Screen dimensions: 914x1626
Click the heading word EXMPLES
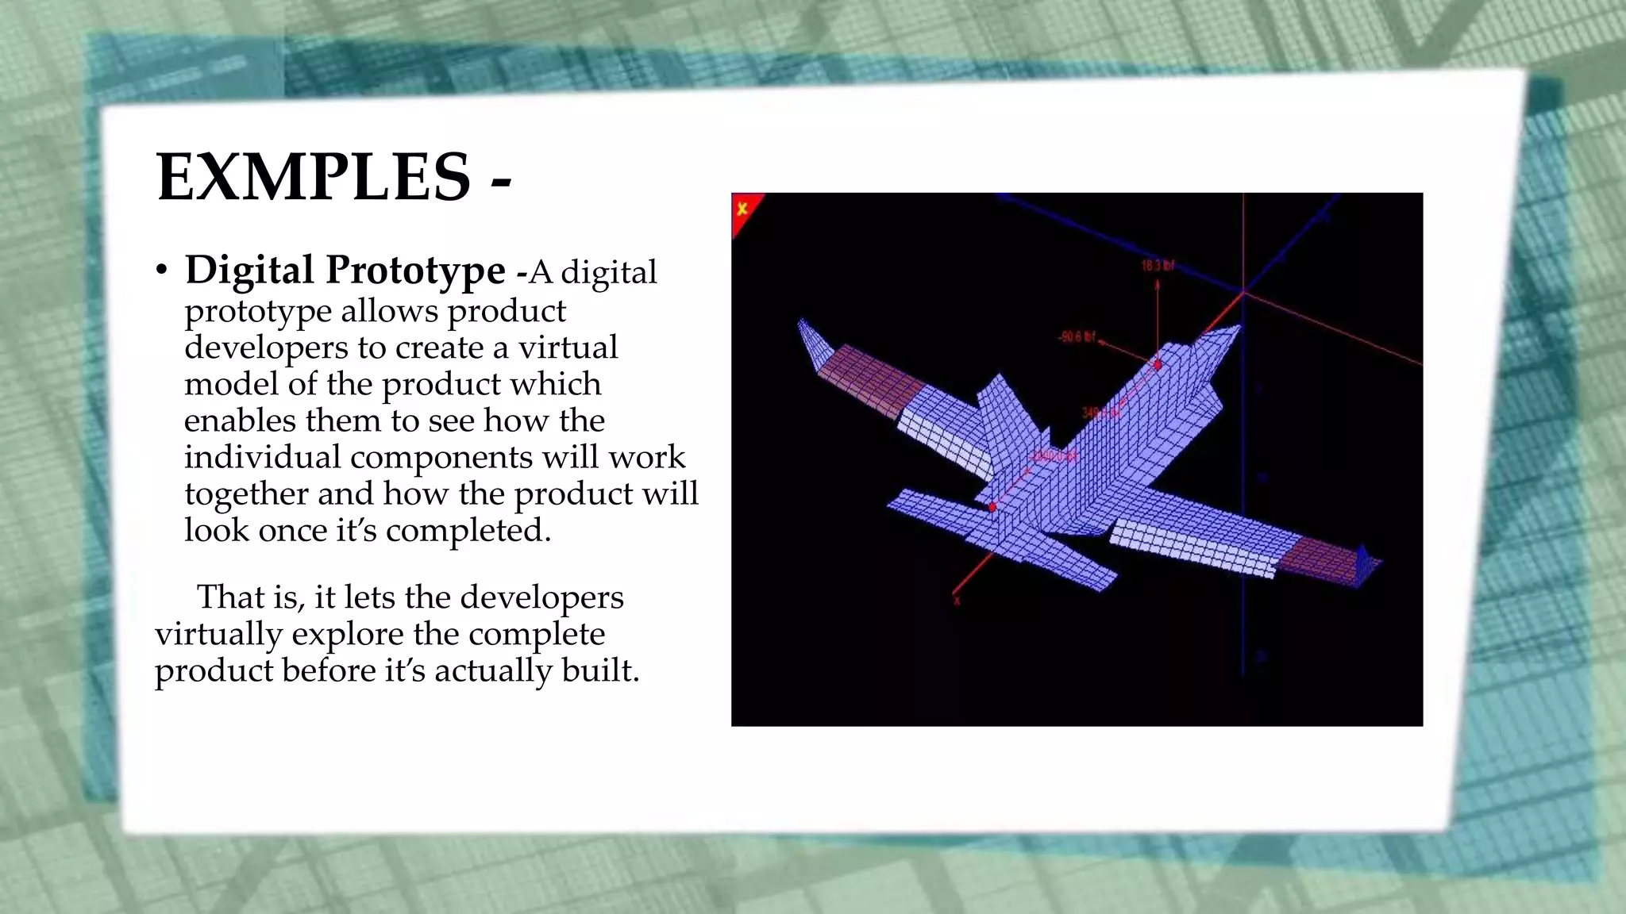pyautogui.click(x=314, y=177)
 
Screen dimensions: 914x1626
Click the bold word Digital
pyautogui.click(x=249, y=270)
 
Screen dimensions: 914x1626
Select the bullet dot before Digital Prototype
pyautogui.click(x=162, y=271)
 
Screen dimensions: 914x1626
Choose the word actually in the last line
pyautogui.click(x=493, y=670)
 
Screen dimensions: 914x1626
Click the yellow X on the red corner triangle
pyautogui.click(x=742, y=209)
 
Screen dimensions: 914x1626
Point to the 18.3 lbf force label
pyautogui.click(x=1158, y=266)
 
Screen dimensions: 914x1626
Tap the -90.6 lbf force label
pyautogui.click(x=1077, y=337)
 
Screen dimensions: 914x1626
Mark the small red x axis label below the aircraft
pyautogui.click(x=957, y=601)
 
